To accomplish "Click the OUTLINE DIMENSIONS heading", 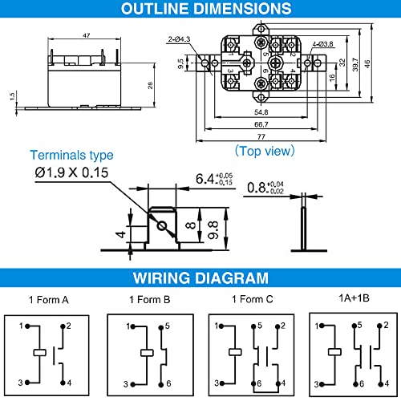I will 200,10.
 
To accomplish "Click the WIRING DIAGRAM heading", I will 200,279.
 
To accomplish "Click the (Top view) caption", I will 265,150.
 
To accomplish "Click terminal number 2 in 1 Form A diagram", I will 70,326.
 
